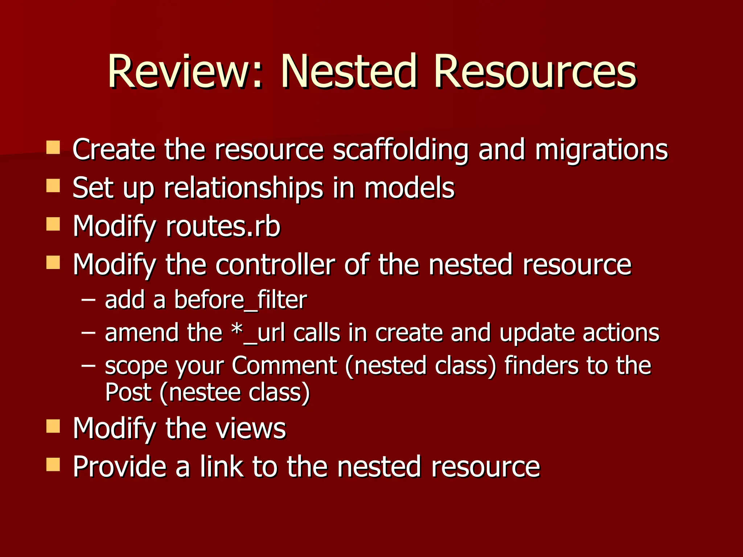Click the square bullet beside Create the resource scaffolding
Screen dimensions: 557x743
53,148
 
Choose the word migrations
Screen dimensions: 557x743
601,150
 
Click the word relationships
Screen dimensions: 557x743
243,188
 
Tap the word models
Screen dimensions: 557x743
409,188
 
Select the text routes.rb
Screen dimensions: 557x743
223,227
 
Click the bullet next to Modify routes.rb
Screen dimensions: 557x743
53,224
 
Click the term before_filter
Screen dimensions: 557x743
241,300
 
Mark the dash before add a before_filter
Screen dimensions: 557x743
89,300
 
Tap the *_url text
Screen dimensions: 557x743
258,333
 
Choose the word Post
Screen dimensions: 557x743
128,392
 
